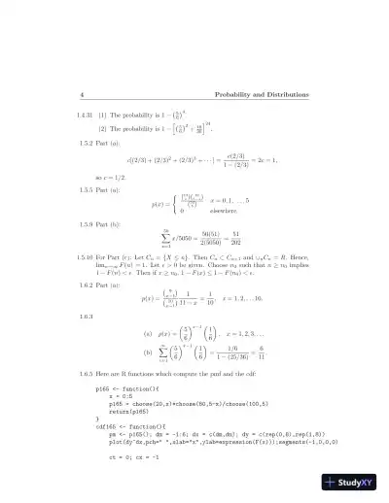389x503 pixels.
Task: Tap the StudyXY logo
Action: pos(355,483)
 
